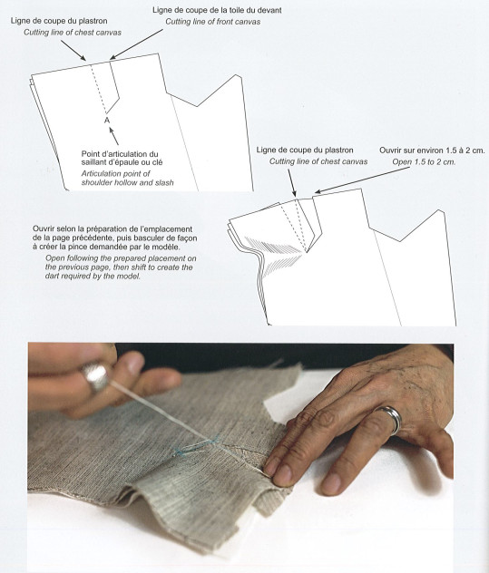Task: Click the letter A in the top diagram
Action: tap(107, 120)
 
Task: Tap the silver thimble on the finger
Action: tap(96, 376)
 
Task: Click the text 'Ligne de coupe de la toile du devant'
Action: tap(217, 10)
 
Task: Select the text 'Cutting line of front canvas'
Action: tap(213, 22)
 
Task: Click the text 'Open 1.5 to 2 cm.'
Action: tap(424, 162)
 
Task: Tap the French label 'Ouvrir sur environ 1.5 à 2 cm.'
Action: tap(432, 151)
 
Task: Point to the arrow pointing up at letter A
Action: tap(114, 136)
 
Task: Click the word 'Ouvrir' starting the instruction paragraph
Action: tap(44, 229)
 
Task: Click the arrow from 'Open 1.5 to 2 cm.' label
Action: tap(357, 180)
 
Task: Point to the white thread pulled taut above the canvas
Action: tap(183, 425)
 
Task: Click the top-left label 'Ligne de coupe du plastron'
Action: tap(59, 21)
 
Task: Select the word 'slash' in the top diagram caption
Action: tap(164, 182)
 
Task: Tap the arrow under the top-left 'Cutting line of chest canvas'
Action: tap(73, 50)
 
